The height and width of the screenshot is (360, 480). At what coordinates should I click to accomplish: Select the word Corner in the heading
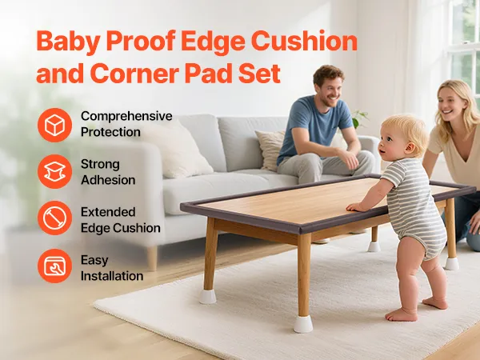point(134,74)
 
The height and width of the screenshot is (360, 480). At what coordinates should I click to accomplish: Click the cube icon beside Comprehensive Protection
point(54,126)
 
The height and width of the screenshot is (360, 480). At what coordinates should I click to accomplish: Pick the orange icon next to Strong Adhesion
point(54,171)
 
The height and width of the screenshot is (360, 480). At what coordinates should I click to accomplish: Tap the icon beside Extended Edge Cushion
point(54,218)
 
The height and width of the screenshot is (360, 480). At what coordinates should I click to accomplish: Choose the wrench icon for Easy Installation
point(54,266)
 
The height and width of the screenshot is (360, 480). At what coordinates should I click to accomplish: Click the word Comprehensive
point(126,116)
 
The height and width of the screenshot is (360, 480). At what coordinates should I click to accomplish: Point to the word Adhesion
point(108,180)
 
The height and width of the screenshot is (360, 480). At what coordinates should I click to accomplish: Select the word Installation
point(112,276)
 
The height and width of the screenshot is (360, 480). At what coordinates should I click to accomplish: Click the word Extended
point(108,212)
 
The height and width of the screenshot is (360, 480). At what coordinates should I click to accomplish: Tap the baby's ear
point(410,148)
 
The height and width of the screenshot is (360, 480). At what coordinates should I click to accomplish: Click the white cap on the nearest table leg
point(303,324)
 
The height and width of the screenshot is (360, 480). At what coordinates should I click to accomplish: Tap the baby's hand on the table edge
point(354,207)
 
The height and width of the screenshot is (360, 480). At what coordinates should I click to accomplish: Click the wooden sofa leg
point(152,258)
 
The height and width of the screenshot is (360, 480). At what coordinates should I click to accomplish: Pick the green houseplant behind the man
point(358,118)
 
